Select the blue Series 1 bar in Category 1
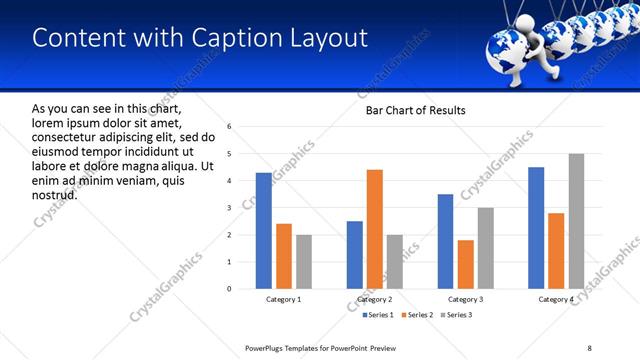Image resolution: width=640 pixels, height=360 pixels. click(x=263, y=231)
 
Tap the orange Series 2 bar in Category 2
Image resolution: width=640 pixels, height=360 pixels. click(x=374, y=229)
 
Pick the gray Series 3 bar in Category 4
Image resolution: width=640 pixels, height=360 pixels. click(x=576, y=221)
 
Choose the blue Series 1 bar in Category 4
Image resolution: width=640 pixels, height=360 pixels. click(x=536, y=228)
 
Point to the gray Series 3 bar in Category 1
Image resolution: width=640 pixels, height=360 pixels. click(x=303, y=262)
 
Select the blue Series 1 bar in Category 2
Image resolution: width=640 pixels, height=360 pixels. click(x=354, y=255)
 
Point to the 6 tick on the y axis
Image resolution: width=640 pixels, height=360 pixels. click(x=230, y=127)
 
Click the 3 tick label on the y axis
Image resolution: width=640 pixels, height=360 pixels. click(x=230, y=208)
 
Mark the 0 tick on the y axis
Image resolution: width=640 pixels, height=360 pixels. click(x=230, y=289)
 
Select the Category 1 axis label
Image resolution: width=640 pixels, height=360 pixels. click(x=283, y=300)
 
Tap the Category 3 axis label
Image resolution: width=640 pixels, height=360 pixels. click(x=465, y=300)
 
